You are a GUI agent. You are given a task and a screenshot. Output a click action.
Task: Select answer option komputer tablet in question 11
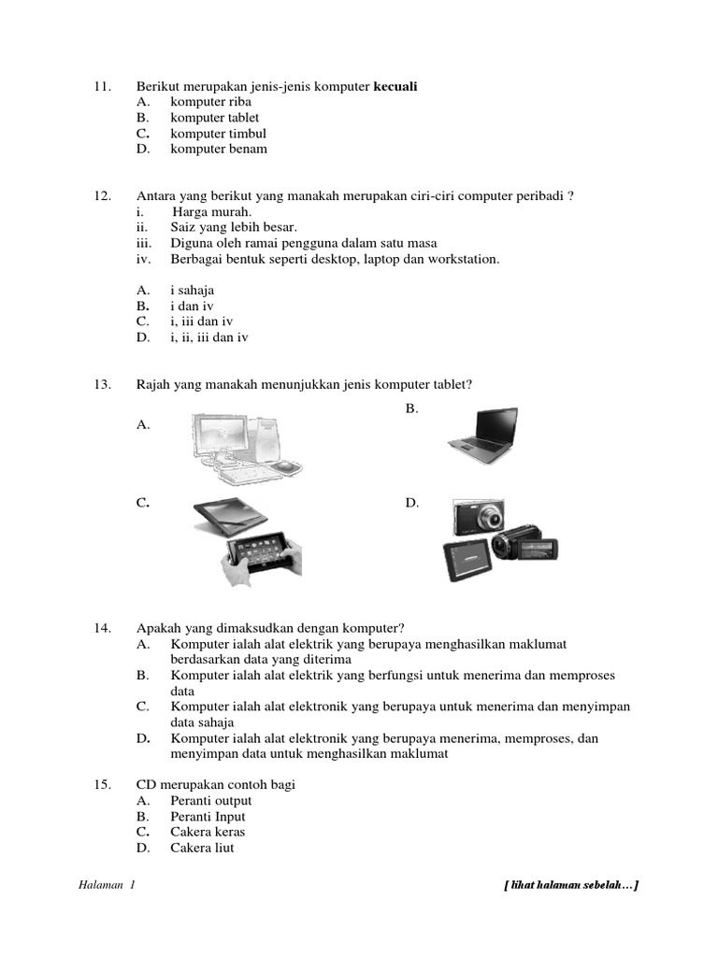(210, 118)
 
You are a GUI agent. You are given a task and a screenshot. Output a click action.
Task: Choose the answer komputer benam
(218, 149)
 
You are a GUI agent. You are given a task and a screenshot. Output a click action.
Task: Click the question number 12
(103, 195)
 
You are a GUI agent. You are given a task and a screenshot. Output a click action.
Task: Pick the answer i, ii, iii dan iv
(209, 337)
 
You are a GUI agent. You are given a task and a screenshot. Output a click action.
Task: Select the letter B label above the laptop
(411, 408)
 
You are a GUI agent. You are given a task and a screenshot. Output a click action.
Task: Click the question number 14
(103, 628)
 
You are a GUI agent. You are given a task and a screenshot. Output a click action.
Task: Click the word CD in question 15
(146, 784)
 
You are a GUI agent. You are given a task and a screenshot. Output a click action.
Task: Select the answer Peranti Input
(208, 816)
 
